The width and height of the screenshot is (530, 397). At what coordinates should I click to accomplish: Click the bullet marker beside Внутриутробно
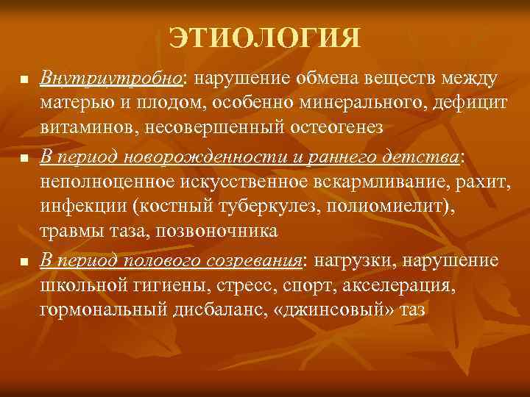coord(24,79)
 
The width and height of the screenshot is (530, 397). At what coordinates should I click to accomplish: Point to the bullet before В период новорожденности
coord(24,157)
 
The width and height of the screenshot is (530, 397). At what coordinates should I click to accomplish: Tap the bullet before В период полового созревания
coord(24,262)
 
